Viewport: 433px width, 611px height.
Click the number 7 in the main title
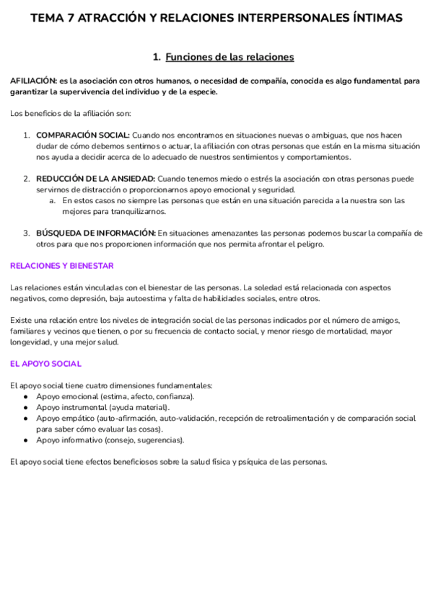[70, 18]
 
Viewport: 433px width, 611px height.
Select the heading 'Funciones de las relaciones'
[229, 57]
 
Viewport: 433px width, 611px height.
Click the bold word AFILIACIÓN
[34, 81]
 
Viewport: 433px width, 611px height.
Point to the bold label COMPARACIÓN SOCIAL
[83, 135]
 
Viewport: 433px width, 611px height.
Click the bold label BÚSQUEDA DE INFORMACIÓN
[96, 233]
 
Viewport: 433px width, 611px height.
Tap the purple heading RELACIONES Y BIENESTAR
[61, 265]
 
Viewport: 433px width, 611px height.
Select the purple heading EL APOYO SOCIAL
[45, 364]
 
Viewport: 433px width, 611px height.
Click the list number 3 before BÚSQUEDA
[26, 233]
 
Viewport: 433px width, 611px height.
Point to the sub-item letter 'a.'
[53, 200]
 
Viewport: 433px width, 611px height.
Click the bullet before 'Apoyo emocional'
[25, 396]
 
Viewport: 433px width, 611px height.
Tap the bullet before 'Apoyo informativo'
[25, 440]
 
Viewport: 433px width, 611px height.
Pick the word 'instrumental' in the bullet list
[86, 407]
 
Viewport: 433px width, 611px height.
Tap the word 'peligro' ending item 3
[310, 244]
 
